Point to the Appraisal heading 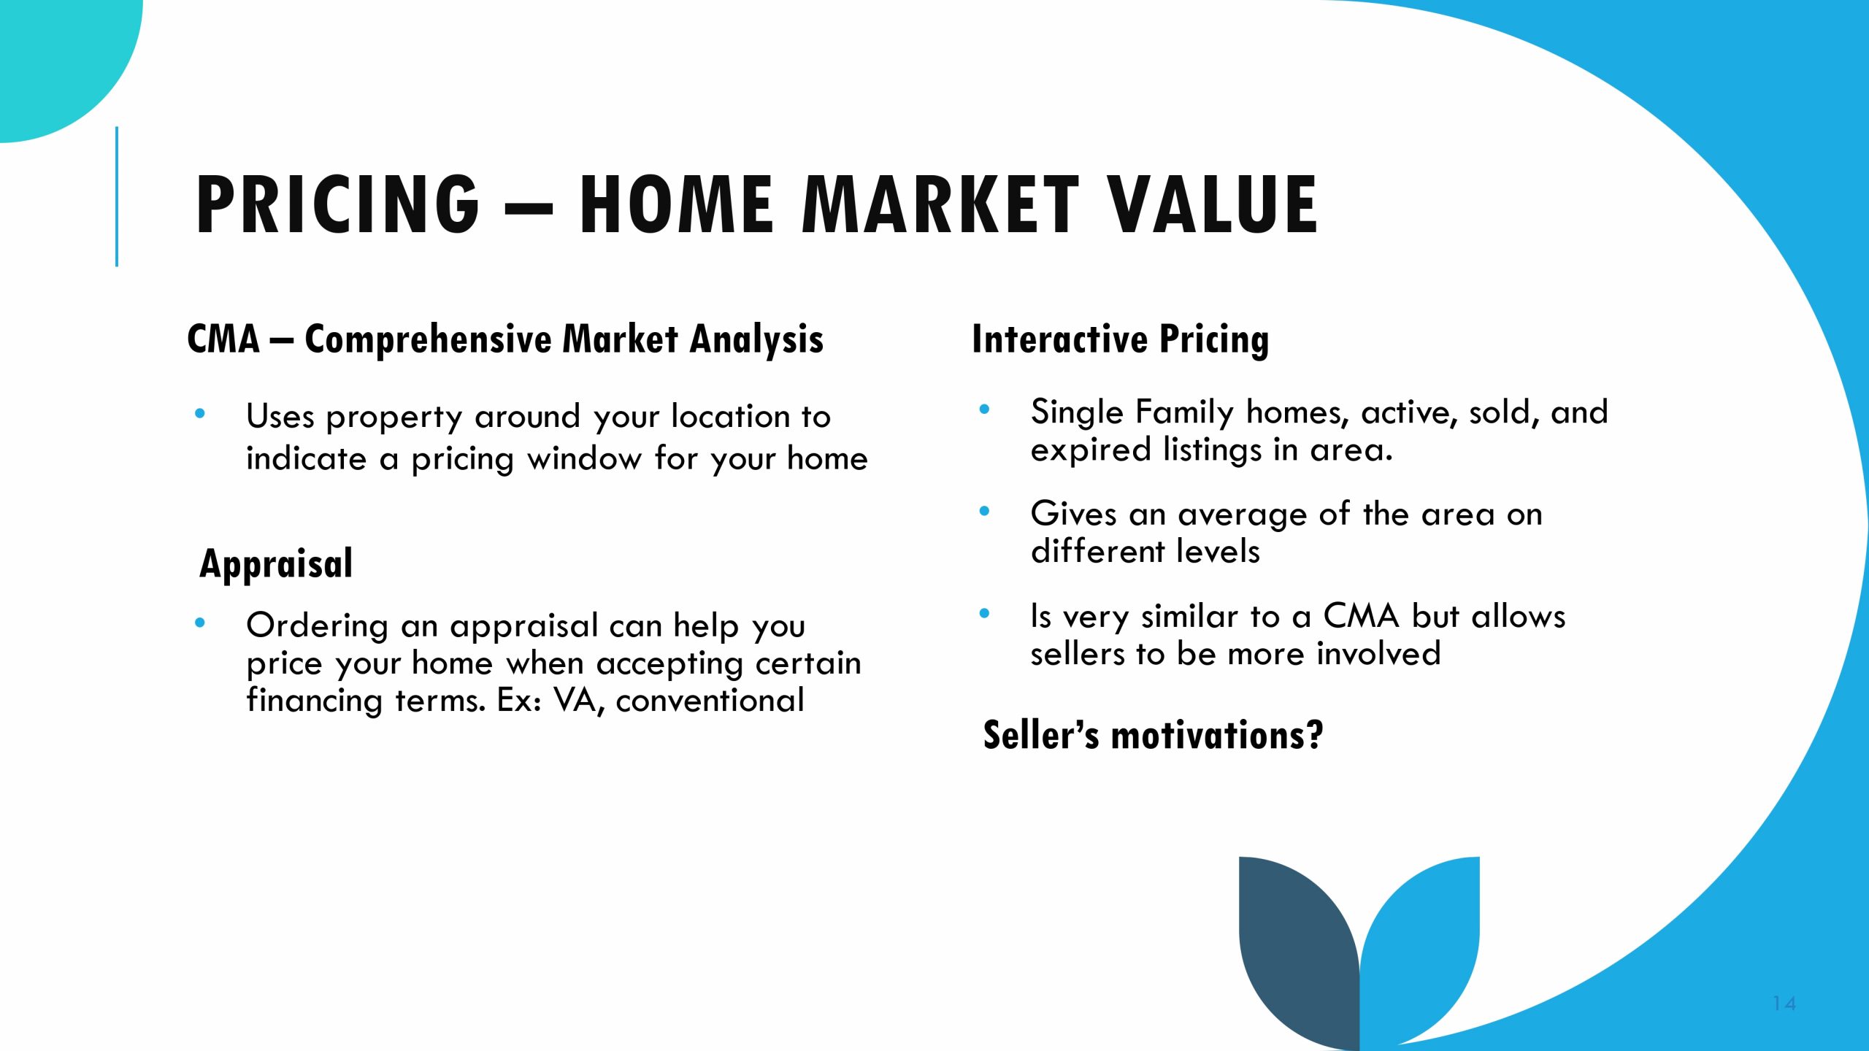click(276, 564)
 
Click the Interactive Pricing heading click(1120, 340)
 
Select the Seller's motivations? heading click(1153, 735)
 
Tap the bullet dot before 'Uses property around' click(200, 415)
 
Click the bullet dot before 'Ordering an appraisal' click(200, 623)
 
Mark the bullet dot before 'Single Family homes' click(984, 410)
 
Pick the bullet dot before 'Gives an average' click(984, 512)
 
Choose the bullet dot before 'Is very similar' click(984, 614)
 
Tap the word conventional click(710, 701)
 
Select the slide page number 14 click(1784, 1004)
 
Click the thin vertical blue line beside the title click(117, 196)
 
